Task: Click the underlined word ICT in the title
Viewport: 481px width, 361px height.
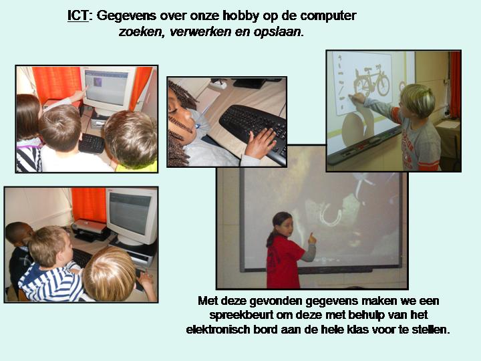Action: (78, 15)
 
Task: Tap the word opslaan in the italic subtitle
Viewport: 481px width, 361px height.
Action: (277, 32)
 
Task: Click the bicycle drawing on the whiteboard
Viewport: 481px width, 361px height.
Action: (372, 80)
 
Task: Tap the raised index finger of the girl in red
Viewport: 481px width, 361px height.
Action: (311, 236)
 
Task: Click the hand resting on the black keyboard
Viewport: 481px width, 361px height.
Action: (261, 143)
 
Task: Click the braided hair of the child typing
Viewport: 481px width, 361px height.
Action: (180, 123)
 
